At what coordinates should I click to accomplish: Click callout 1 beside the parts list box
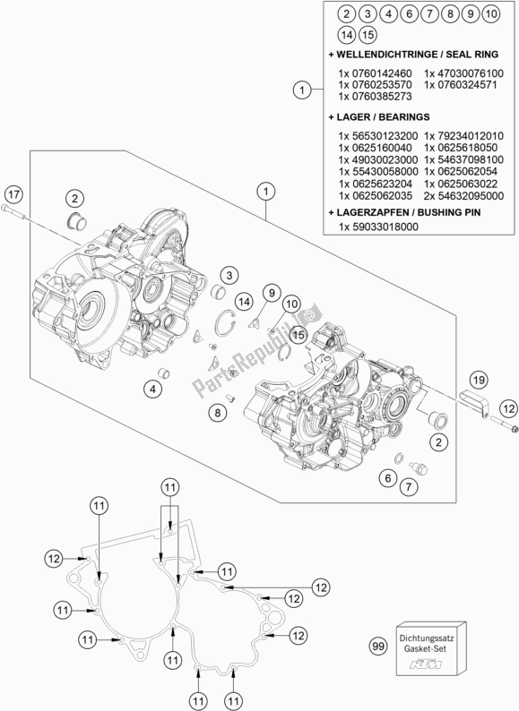(x=303, y=89)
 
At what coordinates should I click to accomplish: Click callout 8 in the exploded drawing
(x=217, y=412)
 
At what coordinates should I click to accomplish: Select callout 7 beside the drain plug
(x=410, y=487)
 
